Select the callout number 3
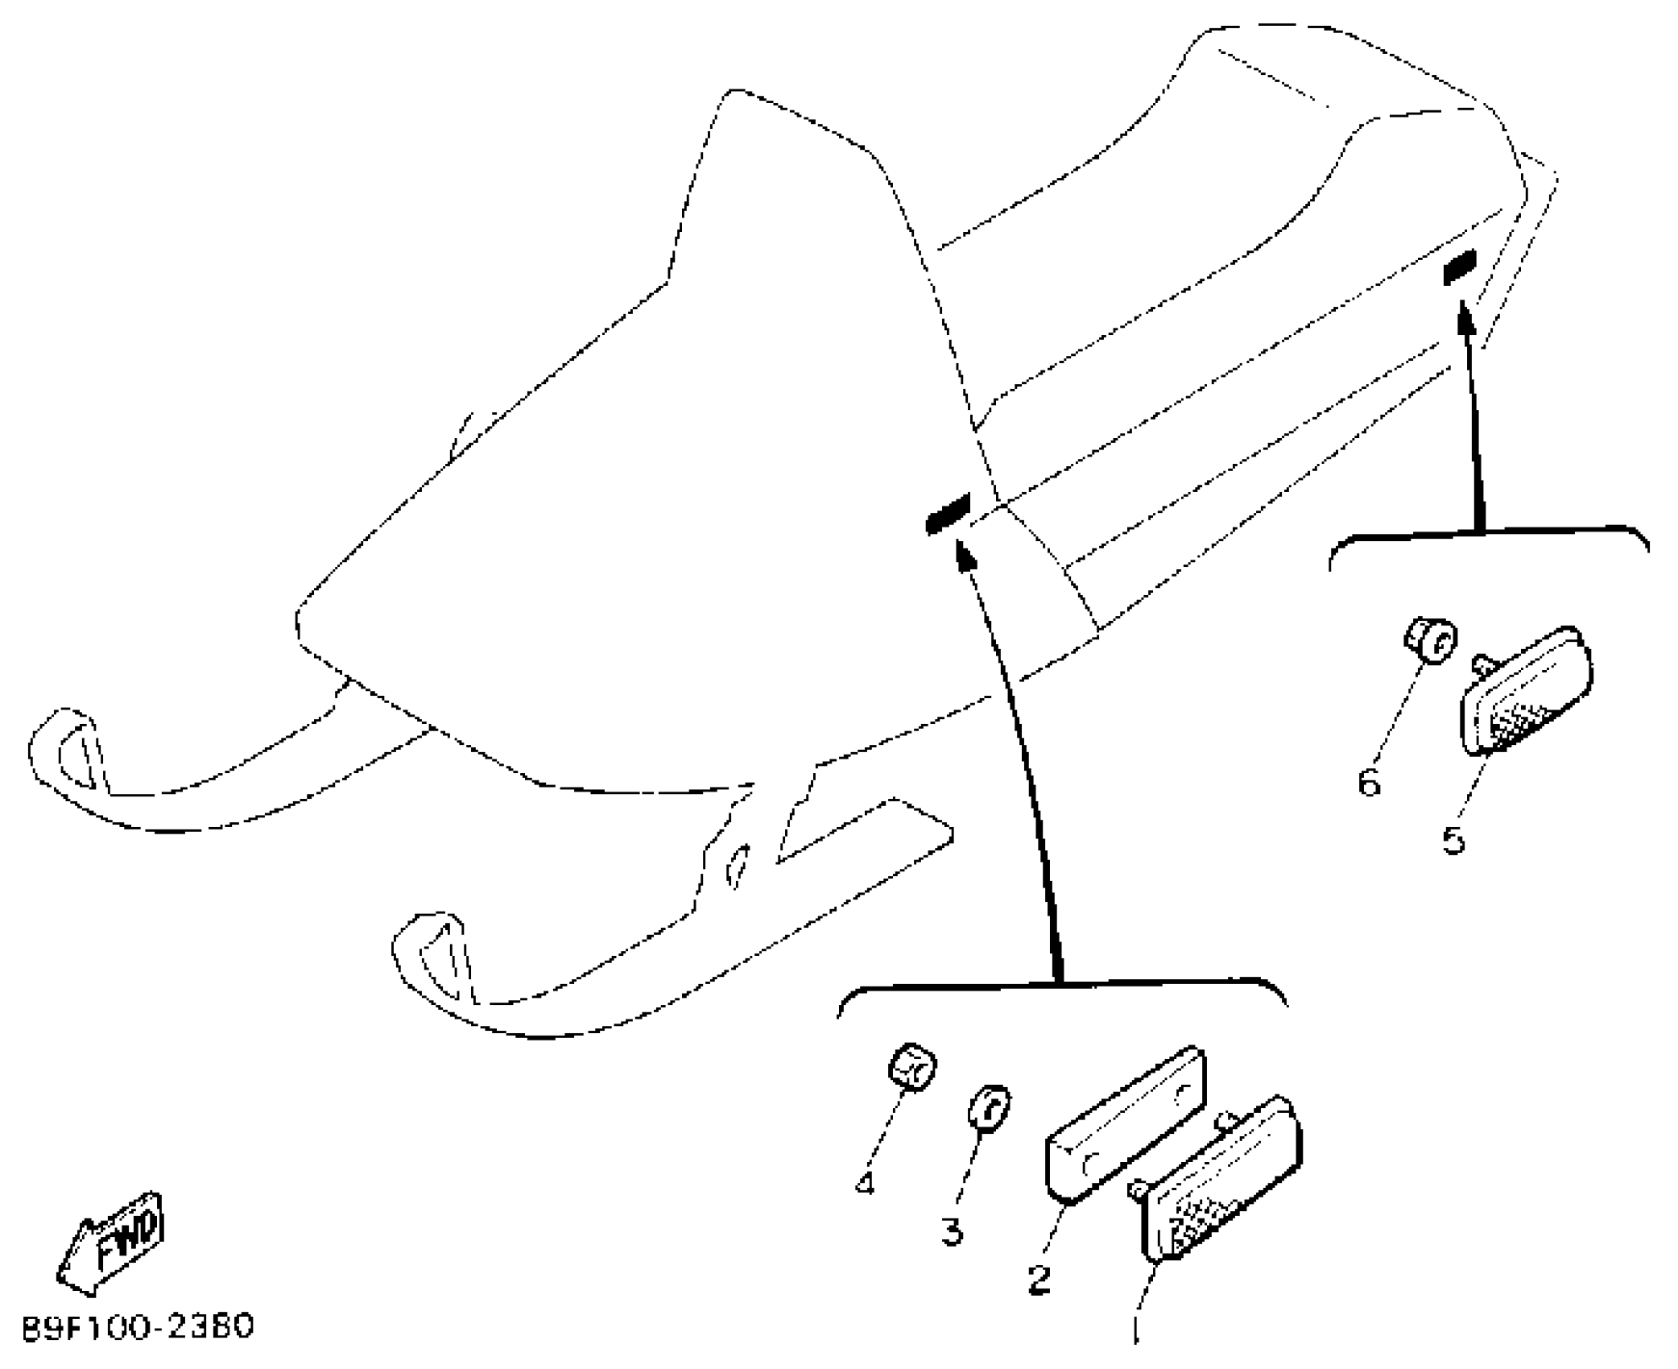click(953, 1231)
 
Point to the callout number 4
click(865, 1183)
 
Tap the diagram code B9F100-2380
click(137, 1326)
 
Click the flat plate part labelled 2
click(1126, 1123)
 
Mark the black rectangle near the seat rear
click(1460, 267)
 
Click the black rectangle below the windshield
click(949, 513)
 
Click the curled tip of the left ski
click(60, 745)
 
